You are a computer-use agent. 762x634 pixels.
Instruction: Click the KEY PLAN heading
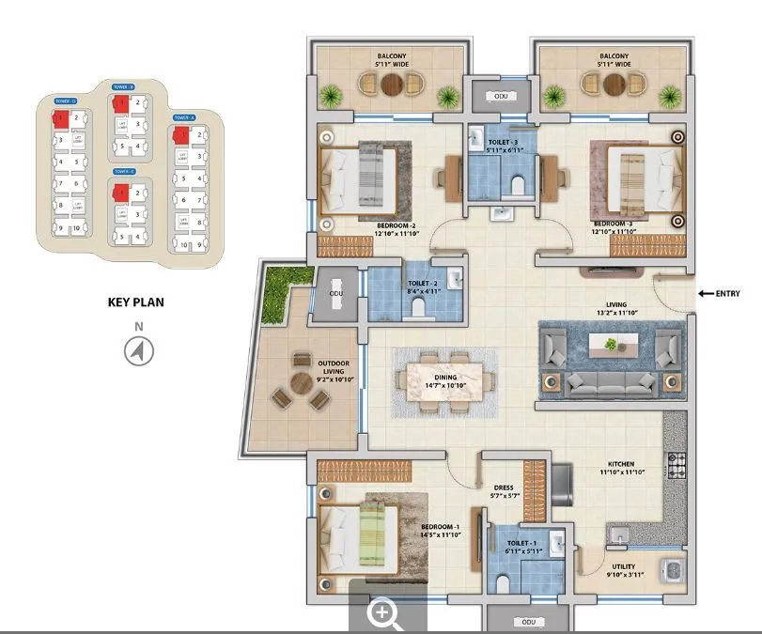click(x=137, y=303)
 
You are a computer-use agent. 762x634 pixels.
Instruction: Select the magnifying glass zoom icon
click(x=385, y=615)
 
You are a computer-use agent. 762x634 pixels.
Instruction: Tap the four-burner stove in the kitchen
click(x=676, y=462)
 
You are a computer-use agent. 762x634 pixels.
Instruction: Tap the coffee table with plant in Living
click(x=612, y=345)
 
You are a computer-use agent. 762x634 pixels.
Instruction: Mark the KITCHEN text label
click(x=620, y=464)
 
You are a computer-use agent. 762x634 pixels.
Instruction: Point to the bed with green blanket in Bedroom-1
click(x=359, y=533)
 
